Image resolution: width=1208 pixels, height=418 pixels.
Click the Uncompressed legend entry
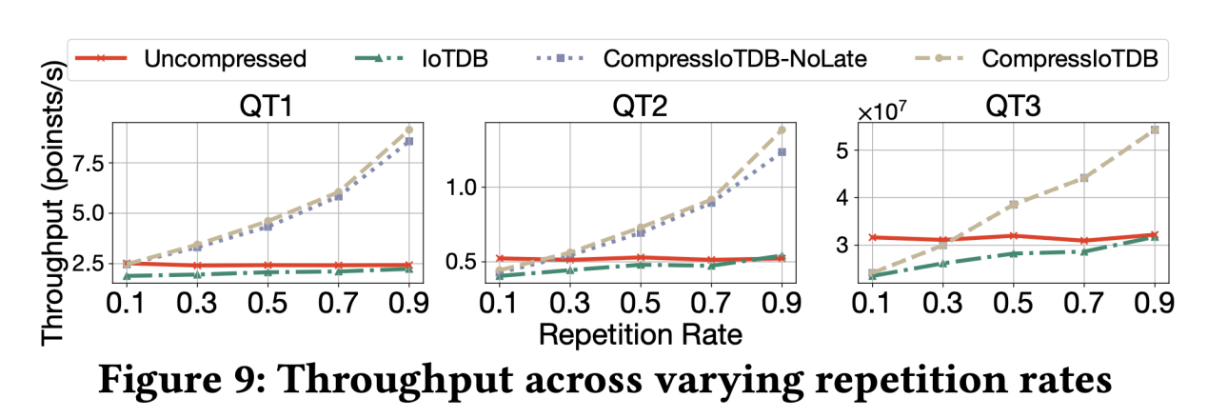click(x=225, y=59)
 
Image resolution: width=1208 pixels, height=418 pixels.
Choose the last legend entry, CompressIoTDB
click(x=1070, y=59)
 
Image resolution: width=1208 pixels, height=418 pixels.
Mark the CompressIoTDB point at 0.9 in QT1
click(x=409, y=129)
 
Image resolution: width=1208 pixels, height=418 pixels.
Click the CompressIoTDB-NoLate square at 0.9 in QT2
click(x=782, y=151)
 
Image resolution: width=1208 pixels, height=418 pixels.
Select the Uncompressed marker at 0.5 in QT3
click(x=1013, y=235)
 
